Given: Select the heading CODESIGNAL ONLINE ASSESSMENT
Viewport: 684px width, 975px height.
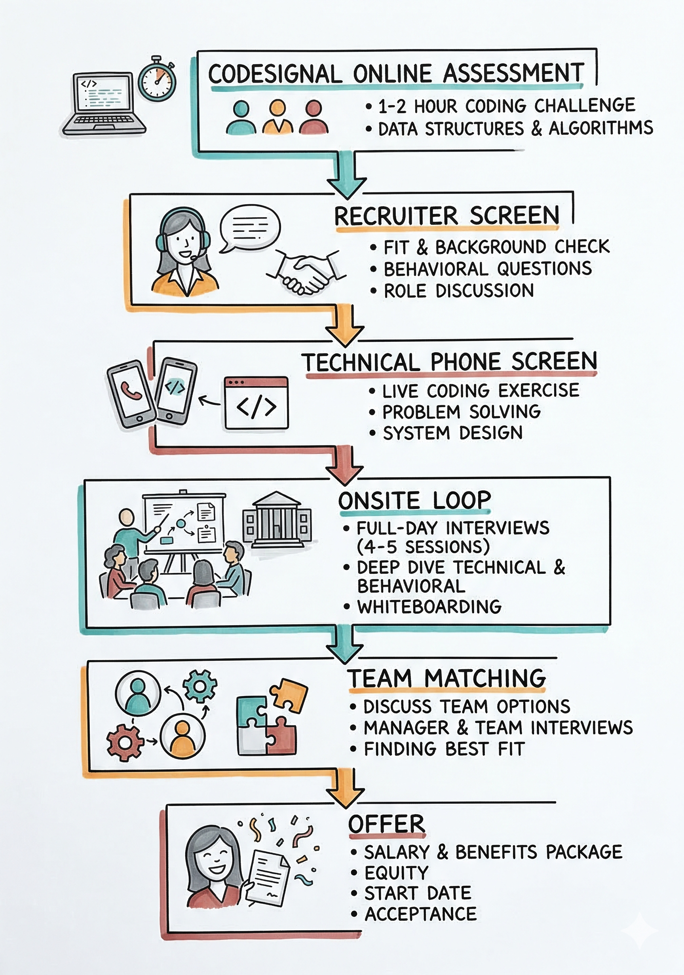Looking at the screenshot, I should [x=396, y=74].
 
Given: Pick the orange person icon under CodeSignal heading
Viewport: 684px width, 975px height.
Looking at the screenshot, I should [x=277, y=118].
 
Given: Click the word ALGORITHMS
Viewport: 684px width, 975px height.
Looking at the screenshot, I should [x=601, y=128].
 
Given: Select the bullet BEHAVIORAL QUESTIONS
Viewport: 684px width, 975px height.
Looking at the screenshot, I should [x=487, y=269].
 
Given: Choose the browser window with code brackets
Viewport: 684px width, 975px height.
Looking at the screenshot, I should [x=256, y=402].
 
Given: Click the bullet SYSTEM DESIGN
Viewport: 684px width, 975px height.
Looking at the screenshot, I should [x=452, y=433].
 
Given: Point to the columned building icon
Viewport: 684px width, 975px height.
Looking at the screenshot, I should [x=277, y=521].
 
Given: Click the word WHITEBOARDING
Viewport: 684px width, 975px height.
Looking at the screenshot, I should [x=429, y=607].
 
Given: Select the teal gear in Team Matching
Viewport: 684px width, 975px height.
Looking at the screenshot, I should [x=199, y=685].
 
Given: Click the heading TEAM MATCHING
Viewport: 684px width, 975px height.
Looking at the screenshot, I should [x=446, y=678].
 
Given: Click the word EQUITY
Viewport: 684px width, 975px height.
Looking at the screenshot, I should [x=396, y=873].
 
